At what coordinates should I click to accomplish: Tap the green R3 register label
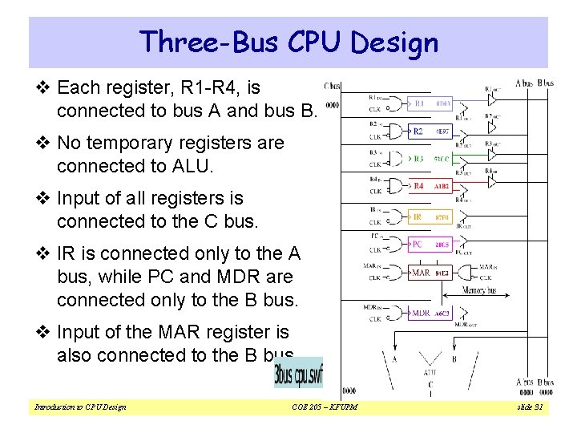418,158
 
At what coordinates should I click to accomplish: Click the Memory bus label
481,290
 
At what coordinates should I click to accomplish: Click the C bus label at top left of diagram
332,85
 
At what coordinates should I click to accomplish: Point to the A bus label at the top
524,83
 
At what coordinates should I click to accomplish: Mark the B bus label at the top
544,83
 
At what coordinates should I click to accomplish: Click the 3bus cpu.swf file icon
298,373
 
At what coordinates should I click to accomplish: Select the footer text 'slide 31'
531,407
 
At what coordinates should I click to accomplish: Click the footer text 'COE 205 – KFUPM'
325,407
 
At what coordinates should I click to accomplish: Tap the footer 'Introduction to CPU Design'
80,407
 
